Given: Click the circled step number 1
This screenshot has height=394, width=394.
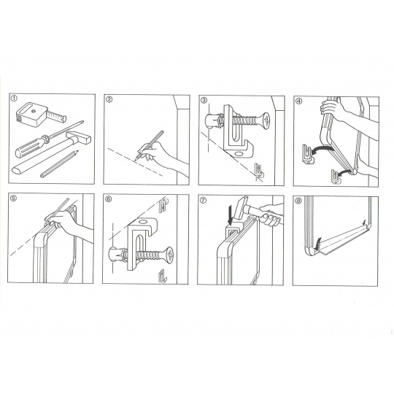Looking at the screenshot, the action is click(x=14, y=98).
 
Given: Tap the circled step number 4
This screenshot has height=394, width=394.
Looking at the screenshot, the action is click(x=298, y=101).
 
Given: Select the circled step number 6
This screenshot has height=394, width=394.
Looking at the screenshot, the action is click(x=108, y=199).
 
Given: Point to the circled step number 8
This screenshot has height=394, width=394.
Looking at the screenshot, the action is click(x=298, y=201).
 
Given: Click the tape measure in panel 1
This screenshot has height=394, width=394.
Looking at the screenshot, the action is click(x=40, y=115).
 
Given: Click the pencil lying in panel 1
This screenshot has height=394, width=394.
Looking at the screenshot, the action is click(x=60, y=164).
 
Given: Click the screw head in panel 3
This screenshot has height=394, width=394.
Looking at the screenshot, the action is click(x=266, y=121).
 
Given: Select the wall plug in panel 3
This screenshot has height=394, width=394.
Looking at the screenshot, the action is click(x=214, y=121).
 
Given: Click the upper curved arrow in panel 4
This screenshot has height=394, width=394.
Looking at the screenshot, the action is click(x=322, y=150).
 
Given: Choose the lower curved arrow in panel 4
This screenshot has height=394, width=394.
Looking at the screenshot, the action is click(x=344, y=172).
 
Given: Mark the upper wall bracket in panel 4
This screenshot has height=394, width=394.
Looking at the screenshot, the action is click(x=308, y=154).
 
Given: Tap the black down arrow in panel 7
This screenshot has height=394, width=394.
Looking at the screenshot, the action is click(x=230, y=216).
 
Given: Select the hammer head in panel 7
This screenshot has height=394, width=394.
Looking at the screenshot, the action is click(x=240, y=208).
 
